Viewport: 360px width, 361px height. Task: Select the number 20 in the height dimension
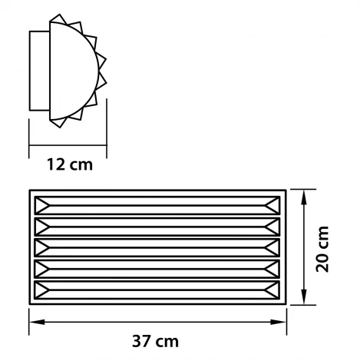[x=324, y=261]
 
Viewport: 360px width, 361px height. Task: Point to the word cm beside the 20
[x=324, y=235]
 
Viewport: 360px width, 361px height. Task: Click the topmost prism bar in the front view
[x=157, y=206]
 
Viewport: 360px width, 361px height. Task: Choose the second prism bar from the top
[x=157, y=227]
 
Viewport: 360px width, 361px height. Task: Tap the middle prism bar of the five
[x=157, y=248]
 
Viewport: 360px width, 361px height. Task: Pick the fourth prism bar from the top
[x=157, y=269]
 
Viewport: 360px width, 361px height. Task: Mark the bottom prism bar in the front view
[x=157, y=290]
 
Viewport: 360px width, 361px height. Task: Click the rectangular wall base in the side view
[x=39, y=69]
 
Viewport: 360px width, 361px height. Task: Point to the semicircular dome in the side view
[x=73, y=69]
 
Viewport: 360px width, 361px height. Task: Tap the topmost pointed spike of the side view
[x=58, y=18]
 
